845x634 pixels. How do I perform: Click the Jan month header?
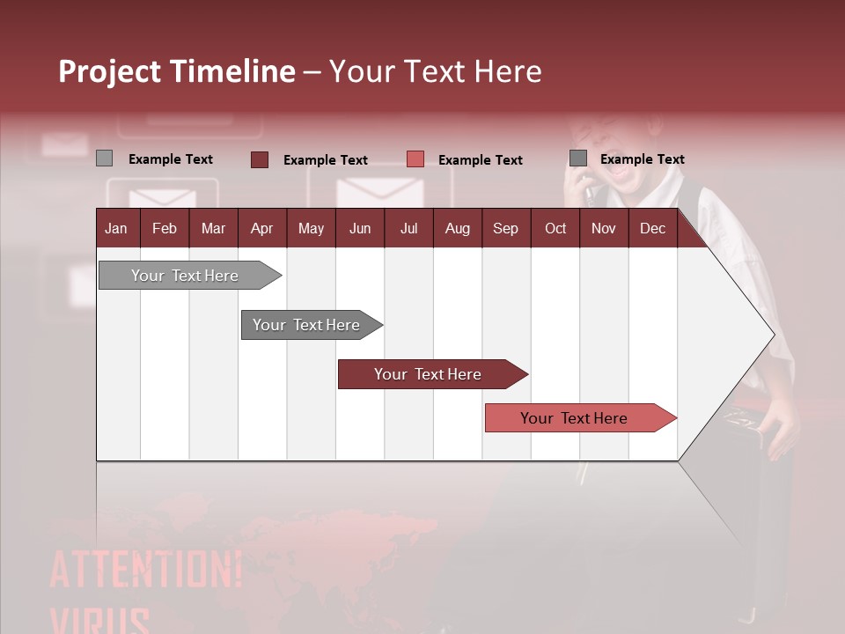(116, 229)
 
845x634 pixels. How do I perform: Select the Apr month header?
(261, 229)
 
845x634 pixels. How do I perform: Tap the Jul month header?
(408, 229)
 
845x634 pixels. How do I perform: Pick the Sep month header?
(505, 229)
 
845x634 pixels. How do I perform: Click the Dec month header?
(652, 229)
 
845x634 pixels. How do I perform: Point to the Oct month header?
(555, 229)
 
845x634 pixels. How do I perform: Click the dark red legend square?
(260, 159)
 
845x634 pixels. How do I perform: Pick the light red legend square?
(415, 159)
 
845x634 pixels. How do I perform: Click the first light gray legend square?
(104, 158)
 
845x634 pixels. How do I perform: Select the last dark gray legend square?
(578, 158)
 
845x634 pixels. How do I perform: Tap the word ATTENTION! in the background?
(146, 571)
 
